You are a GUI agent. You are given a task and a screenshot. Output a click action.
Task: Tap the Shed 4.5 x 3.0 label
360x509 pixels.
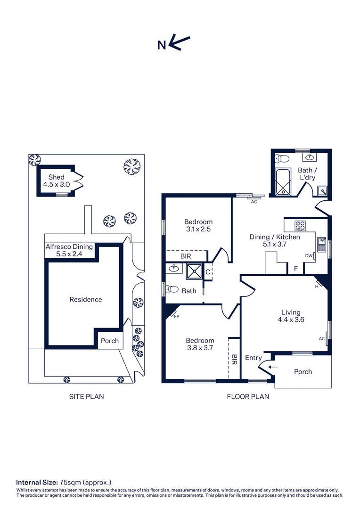56,181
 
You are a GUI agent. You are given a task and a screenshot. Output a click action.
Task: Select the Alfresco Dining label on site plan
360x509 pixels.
69,250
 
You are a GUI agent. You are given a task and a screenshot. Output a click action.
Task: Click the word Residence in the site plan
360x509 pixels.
85,299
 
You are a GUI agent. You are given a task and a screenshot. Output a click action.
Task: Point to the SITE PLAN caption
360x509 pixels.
86,396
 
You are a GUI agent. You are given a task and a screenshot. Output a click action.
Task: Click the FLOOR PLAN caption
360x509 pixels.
248,396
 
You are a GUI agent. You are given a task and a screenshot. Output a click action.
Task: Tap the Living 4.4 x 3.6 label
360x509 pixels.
290,316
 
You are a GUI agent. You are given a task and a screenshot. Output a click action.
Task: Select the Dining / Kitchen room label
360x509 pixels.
274,241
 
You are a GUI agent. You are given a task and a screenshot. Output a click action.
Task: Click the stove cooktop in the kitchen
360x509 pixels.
301,224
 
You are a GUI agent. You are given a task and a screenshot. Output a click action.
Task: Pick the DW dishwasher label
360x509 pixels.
309,256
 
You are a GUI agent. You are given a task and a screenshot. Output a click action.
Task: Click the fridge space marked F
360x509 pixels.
295,269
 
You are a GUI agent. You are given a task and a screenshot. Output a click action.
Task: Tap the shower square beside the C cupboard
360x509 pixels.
194,271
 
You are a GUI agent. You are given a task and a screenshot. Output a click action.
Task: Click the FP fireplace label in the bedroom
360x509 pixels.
177,316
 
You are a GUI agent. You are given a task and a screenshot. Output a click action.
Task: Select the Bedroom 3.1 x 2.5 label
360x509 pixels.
198,225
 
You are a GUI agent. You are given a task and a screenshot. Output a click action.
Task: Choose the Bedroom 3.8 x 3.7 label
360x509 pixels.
200,344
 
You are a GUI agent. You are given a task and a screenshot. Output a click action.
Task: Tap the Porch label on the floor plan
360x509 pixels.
303,371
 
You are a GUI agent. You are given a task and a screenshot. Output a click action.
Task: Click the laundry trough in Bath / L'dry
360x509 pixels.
323,190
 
